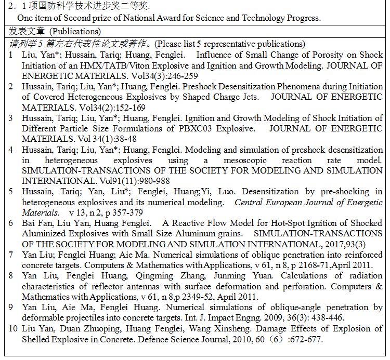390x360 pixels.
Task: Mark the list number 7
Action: pyautogui.click(x=11, y=255)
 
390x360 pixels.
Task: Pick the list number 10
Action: pyautogui.click(x=13, y=329)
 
